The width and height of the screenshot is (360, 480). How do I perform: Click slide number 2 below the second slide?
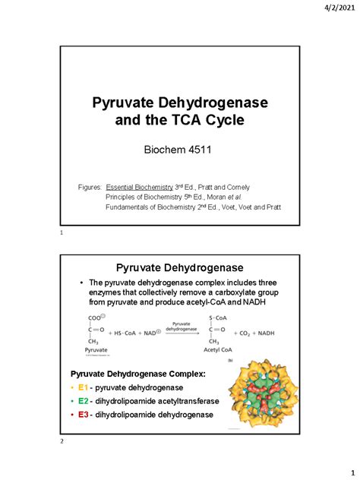click(60, 448)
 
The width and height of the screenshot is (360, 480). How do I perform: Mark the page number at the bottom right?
click(342, 470)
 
